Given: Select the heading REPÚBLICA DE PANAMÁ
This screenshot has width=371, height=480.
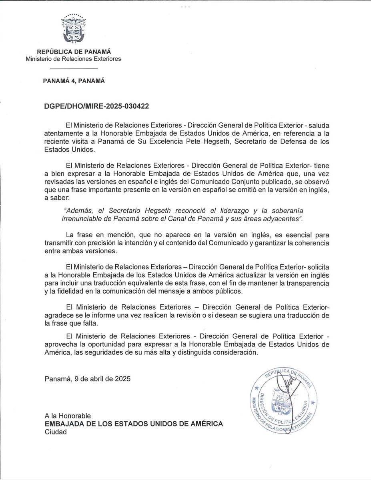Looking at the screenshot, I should [74, 52].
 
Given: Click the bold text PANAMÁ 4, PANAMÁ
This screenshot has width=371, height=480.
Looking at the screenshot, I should [74, 80].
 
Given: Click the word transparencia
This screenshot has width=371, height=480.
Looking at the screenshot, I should [308, 283].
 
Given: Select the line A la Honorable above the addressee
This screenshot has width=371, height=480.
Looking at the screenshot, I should [68, 415].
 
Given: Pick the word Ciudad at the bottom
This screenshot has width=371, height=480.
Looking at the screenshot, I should [56, 432].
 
